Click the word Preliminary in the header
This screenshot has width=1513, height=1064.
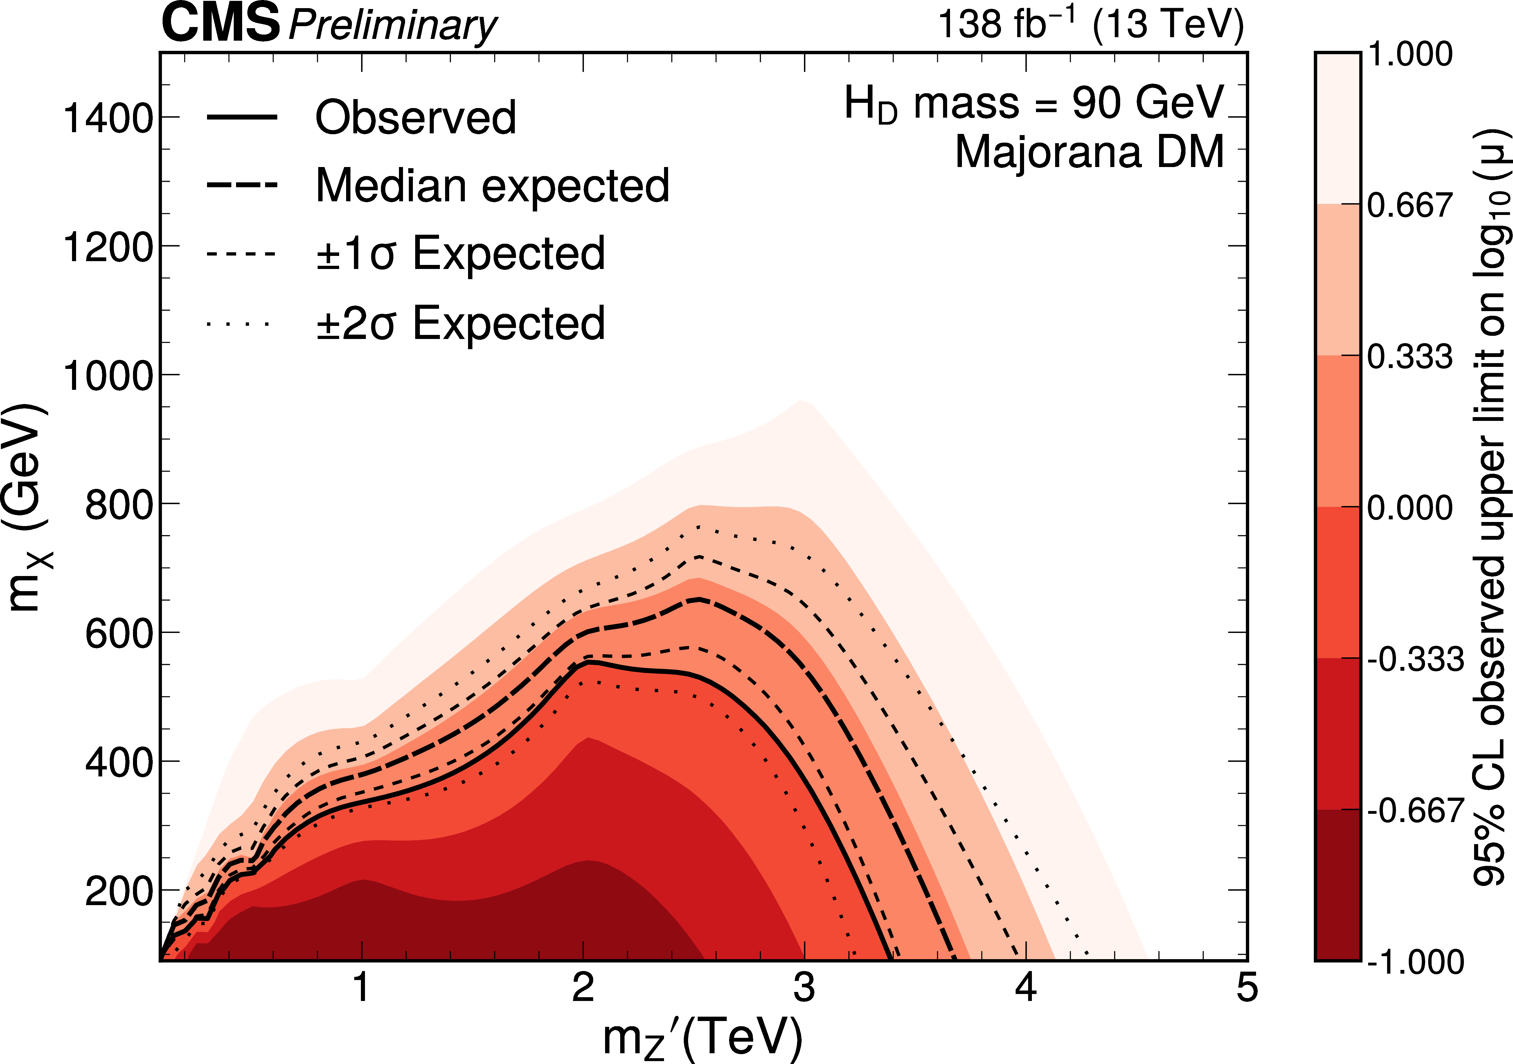(x=393, y=26)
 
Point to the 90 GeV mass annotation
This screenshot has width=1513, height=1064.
(x=1033, y=103)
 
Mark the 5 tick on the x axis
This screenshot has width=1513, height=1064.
(x=1246, y=988)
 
